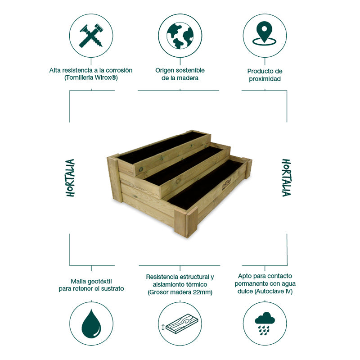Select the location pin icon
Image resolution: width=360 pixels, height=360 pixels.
click(265, 34)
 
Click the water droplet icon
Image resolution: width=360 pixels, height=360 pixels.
click(91, 324)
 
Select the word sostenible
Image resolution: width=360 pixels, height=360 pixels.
click(189, 70)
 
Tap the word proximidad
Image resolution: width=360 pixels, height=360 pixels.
click(265, 79)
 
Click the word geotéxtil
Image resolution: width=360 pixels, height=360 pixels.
click(100, 280)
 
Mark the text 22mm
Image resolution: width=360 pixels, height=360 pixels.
click(202, 292)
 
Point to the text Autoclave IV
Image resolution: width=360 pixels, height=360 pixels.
click(277, 292)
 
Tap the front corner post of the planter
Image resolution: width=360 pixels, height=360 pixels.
click(186, 223)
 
